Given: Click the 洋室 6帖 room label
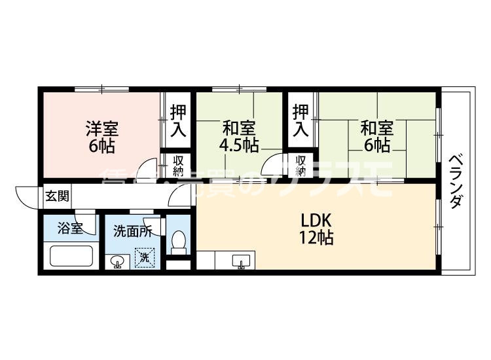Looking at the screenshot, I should coord(101,136).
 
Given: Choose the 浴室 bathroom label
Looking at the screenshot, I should coord(69,228).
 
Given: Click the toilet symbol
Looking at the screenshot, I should coord(178,244).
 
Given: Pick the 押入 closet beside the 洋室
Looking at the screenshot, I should coord(177,120).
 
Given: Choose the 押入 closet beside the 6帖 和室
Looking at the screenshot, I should coord(300,120).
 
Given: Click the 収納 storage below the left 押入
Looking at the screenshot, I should coord(178,166).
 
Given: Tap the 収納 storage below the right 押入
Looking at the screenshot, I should coord(300,166).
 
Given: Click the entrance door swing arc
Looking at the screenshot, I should coord(26,194).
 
